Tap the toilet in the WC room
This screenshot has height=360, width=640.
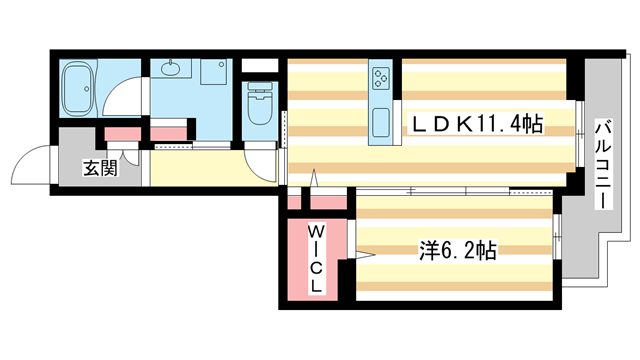coord(260,106)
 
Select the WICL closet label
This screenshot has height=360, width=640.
coord(314,259)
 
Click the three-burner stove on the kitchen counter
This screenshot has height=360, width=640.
coord(382,75)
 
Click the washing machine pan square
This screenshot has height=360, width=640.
coord(214,72)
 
